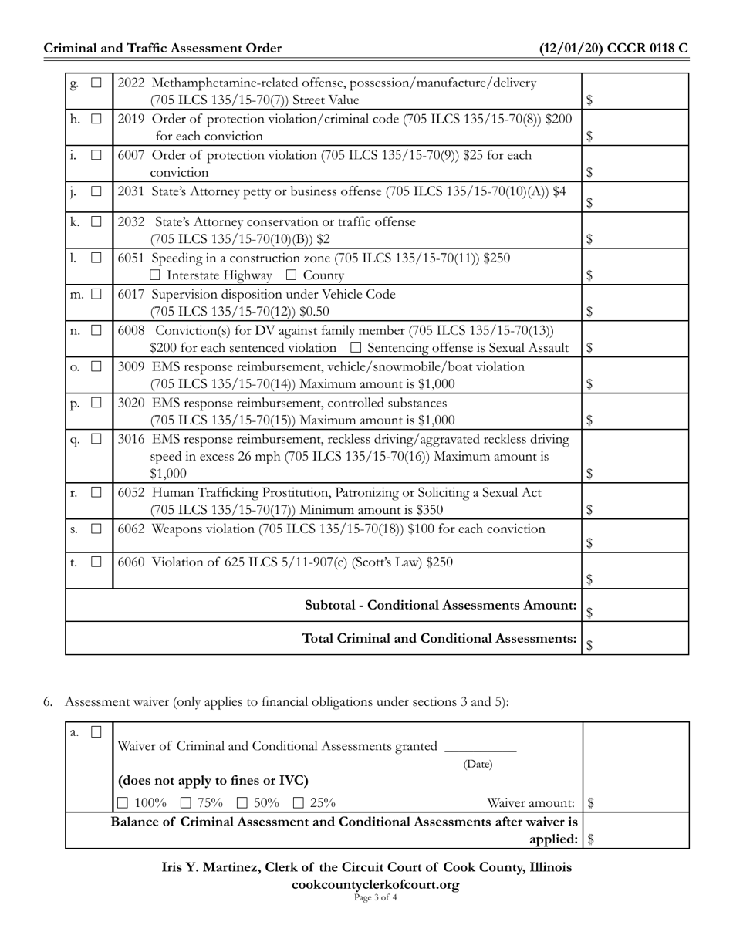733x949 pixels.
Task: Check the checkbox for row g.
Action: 96,83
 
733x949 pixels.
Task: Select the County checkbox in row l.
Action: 291,275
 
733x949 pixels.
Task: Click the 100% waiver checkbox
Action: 123,803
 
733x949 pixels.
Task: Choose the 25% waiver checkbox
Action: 299,803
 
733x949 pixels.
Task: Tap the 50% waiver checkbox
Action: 242,803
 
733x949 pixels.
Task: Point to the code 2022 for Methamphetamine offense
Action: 131,83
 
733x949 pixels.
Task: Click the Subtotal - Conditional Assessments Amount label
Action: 441,606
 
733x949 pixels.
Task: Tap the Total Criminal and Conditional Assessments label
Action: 440,639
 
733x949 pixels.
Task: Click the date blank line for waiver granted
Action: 481,747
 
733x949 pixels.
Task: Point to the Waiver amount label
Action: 531,803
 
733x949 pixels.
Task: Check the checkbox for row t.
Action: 96,562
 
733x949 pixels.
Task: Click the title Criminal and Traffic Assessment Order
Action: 163,49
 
